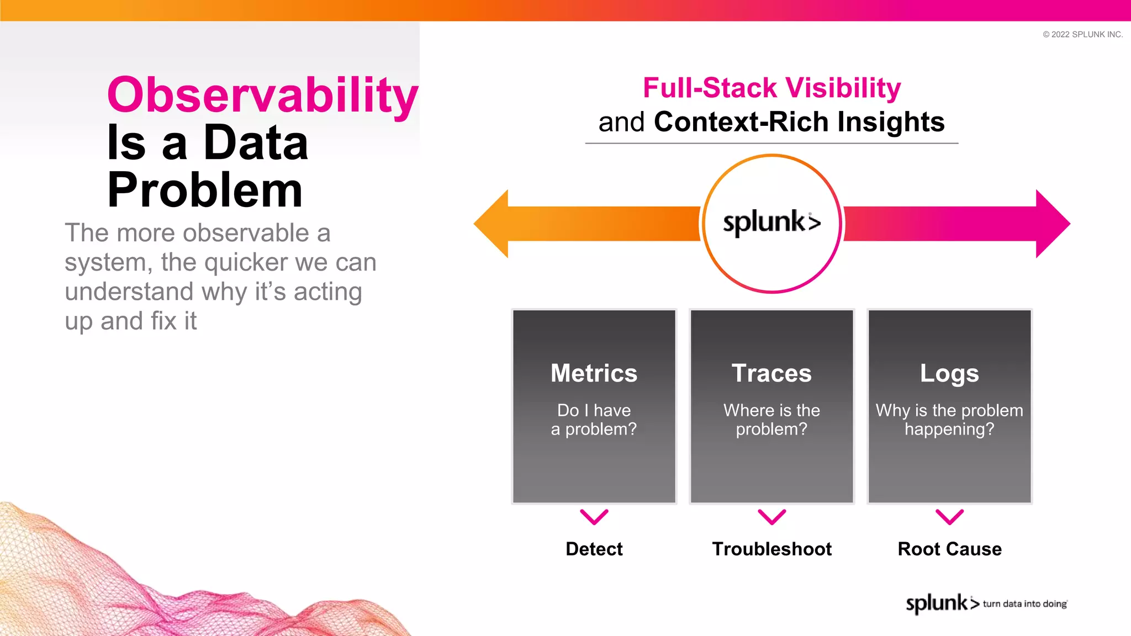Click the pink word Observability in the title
click(x=262, y=95)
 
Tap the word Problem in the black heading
click(x=205, y=190)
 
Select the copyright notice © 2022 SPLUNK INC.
click(x=1082, y=34)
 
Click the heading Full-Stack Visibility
click(x=771, y=88)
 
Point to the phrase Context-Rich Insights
click(x=799, y=122)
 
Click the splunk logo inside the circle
click(x=771, y=222)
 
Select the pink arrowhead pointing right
click(x=1051, y=224)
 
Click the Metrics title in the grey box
click(x=594, y=373)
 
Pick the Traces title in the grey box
click(x=771, y=373)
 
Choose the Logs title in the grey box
click(x=949, y=374)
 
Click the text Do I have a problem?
click(x=594, y=420)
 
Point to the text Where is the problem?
click(x=771, y=420)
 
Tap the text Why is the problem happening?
click(x=949, y=420)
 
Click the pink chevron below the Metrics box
click(x=594, y=517)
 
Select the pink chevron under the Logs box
click(x=949, y=517)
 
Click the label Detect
click(x=594, y=549)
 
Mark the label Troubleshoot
click(x=771, y=549)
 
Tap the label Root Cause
click(x=949, y=549)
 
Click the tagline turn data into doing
click(x=1024, y=604)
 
